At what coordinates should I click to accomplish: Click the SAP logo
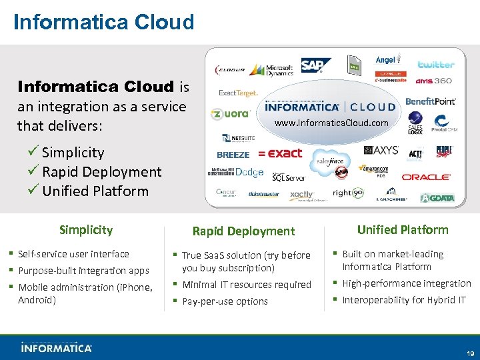[315, 65]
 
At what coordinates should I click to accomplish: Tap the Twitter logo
[436, 65]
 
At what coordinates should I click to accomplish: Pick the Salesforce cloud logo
[329, 161]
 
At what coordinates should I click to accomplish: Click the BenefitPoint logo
[431, 101]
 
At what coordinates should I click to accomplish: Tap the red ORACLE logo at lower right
[427, 177]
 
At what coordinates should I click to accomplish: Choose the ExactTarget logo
[238, 94]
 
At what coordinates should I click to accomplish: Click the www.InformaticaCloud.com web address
[331, 123]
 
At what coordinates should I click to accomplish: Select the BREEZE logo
[233, 155]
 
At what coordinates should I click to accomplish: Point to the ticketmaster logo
[263, 195]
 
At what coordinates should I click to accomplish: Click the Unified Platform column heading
[403, 230]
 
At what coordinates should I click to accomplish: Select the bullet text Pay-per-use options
[225, 301]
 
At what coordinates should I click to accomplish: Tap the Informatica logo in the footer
[57, 347]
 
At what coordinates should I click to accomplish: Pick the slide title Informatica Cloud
[104, 22]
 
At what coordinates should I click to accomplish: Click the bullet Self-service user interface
[73, 254]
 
